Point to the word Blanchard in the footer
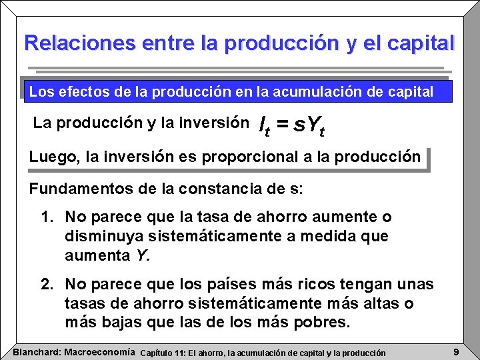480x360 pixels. [x=37, y=351]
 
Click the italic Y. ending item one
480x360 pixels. [x=143, y=255]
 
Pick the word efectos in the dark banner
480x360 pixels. [x=83, y=92]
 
